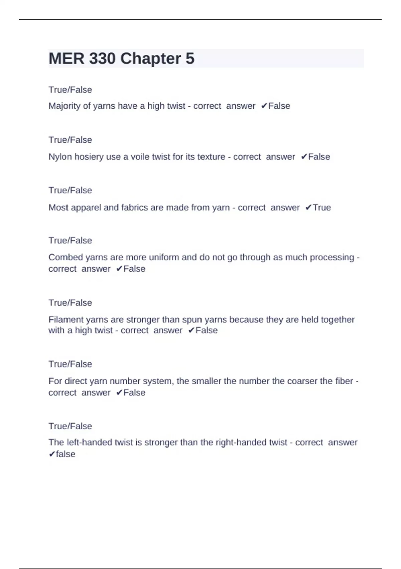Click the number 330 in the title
(102, 59)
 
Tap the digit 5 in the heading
(190, 59)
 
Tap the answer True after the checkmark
(322, 208)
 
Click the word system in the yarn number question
(158, 381)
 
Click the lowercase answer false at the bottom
(65, 454)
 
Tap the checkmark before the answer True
(308, 208)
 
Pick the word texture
(211, 157)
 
